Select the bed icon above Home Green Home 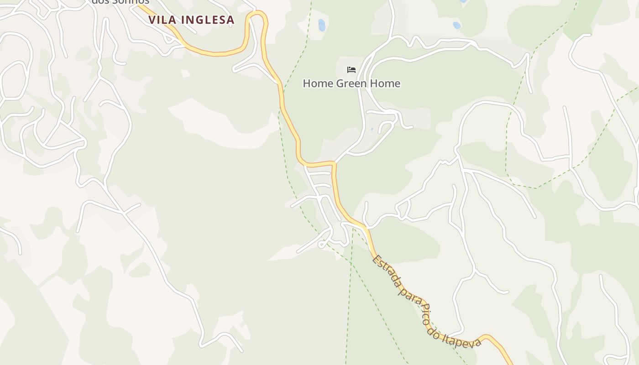tap(351, 70)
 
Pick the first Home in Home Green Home tap(318, 83)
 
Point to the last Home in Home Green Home tap(385, 83)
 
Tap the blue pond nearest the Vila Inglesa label tap(322, 25)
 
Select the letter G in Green tap(340, 83)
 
